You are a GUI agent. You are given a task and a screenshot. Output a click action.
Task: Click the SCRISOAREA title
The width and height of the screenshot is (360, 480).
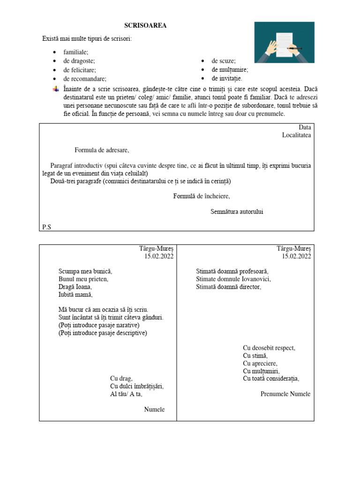[145, 25]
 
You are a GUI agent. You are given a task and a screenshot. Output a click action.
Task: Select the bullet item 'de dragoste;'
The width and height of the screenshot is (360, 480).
[79, 61]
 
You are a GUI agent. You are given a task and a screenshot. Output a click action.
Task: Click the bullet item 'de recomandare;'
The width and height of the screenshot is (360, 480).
[85, 79]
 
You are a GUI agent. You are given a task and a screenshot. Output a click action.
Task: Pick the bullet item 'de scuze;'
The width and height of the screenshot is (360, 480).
[224, 61]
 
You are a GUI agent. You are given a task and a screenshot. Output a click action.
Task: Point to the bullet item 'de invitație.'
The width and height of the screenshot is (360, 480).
[227, 79]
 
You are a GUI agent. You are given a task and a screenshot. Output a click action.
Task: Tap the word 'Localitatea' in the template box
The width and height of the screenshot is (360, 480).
[296, 135]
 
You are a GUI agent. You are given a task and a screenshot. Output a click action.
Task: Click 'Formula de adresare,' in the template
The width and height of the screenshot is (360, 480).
[101, 150]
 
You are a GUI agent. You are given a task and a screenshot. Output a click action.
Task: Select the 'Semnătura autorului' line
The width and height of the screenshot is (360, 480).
[237, 211]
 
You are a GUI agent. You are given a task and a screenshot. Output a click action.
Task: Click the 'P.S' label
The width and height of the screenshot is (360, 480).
[46, 227]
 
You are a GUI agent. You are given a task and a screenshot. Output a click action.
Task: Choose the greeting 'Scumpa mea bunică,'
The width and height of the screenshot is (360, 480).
[85, 271]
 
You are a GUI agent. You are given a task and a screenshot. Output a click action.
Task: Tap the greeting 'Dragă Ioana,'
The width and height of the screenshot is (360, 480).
[75, 287]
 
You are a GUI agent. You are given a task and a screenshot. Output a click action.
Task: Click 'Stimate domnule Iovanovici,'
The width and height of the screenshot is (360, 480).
[233, 279]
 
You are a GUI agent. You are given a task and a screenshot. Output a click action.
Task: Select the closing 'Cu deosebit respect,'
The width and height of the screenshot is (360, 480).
[269, 348]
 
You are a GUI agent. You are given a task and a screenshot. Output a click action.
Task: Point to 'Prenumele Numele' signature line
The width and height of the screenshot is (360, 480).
[285, 394]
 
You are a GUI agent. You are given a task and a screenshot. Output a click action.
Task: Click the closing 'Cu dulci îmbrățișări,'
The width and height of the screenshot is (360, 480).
[137, 386]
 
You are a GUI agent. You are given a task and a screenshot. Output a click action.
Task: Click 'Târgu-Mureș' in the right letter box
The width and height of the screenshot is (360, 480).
[293, 248]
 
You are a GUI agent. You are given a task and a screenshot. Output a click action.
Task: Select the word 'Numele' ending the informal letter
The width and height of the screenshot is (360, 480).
[154, 410]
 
